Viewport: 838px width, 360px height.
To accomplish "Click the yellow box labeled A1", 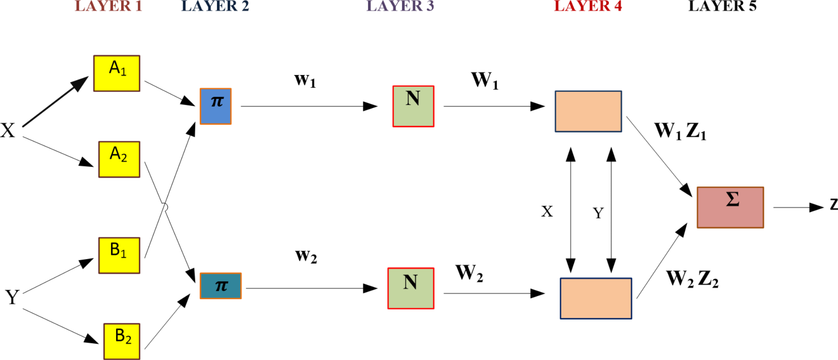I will click(x=116, y=73).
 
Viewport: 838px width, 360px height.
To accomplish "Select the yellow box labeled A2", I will click(x=119, y=159).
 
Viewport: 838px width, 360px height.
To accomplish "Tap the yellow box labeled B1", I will click(x=119, y=255).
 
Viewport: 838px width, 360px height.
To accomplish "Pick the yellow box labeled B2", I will click(x=121, y=341).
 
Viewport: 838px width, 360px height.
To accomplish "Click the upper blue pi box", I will click(x=215, y=106).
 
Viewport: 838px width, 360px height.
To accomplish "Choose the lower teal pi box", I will click(x=220, y=286).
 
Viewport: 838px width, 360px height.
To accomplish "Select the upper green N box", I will click(x=413, y=106).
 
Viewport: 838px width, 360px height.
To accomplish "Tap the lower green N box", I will click(x=411, y=288).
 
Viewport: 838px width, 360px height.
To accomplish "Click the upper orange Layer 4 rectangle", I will click(x=588, y=111).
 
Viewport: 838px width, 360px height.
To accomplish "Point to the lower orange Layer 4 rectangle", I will click(x=596, y=298).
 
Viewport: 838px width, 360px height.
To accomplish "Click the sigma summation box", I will click(x=730, y=207).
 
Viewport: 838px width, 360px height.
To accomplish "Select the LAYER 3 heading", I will click(x=400, y=6).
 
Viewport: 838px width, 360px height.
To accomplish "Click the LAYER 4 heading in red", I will click(x=588, y=6).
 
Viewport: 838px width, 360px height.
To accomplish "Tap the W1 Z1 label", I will click(x=680, y=131).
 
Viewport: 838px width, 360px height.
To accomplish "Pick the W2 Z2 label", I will click(x=692, y=279).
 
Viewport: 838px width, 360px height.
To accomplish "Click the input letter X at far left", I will click(x=8, y=131).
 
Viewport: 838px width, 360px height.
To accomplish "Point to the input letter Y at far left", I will click(x=12, y=297).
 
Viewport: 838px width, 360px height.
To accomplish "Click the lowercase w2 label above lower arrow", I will click(x=306, y=256).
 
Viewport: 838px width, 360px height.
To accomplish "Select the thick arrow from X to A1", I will click(x=55, y=101).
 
